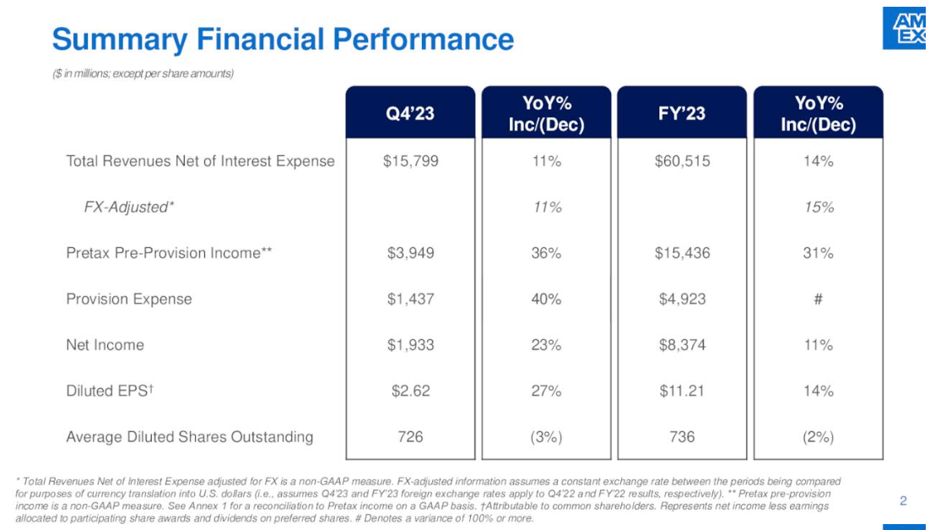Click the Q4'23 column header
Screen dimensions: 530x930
(x=409, y=113)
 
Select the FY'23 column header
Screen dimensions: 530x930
(x=682, y=113)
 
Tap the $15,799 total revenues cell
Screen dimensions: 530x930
(x=410, y=161)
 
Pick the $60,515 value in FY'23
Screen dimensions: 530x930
(x=682, y=161)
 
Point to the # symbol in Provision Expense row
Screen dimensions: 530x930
(x=818, y=299)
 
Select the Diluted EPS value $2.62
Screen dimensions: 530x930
(x=410, y=391)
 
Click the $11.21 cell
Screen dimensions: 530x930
(x=682, y=391)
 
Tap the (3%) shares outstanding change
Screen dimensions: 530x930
(x=546, y=436)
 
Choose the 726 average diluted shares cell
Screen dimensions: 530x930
(x=410, y=436)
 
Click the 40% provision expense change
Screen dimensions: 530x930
(x=546, y=299)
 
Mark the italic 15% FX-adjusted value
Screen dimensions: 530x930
(x=818, y=208)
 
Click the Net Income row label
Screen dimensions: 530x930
(x=105, y=345)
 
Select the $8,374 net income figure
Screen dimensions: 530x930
(x=682, y=345)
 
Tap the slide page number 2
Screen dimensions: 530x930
(x=903, y=501)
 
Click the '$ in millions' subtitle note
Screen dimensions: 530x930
(x=143, y=73)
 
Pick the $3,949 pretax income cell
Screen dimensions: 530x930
(x=410, y=253)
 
